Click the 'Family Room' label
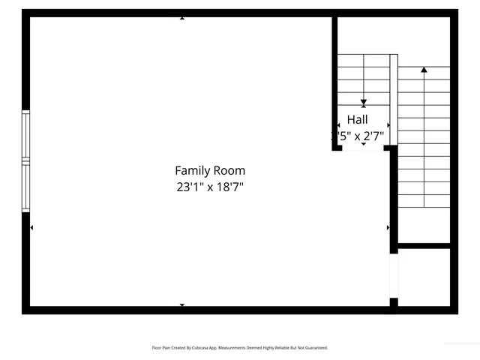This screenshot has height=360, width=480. [210, 171]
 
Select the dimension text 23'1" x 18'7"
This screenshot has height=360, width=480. [210, 187]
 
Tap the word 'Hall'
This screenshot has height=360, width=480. [357, 119]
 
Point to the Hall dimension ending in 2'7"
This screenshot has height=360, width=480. [358, 136]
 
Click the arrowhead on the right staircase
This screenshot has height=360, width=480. [424, 70]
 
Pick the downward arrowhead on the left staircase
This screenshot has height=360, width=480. [364, 103]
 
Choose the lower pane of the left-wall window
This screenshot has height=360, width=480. [25, 186]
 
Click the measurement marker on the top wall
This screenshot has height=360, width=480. [182, 18]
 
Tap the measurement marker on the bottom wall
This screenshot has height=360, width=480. [182, 305]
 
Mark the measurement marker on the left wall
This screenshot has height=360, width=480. [31, 227]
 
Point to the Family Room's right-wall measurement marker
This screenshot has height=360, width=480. [388, 227]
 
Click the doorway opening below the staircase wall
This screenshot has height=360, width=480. [394, 277]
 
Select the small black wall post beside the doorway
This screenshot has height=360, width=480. [394, 302]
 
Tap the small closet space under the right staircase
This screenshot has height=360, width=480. [424, 276]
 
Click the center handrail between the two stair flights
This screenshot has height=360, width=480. [394, 97]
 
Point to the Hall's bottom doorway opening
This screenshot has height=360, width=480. [364, 148]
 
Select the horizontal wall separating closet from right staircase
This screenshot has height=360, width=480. [424, 245]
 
